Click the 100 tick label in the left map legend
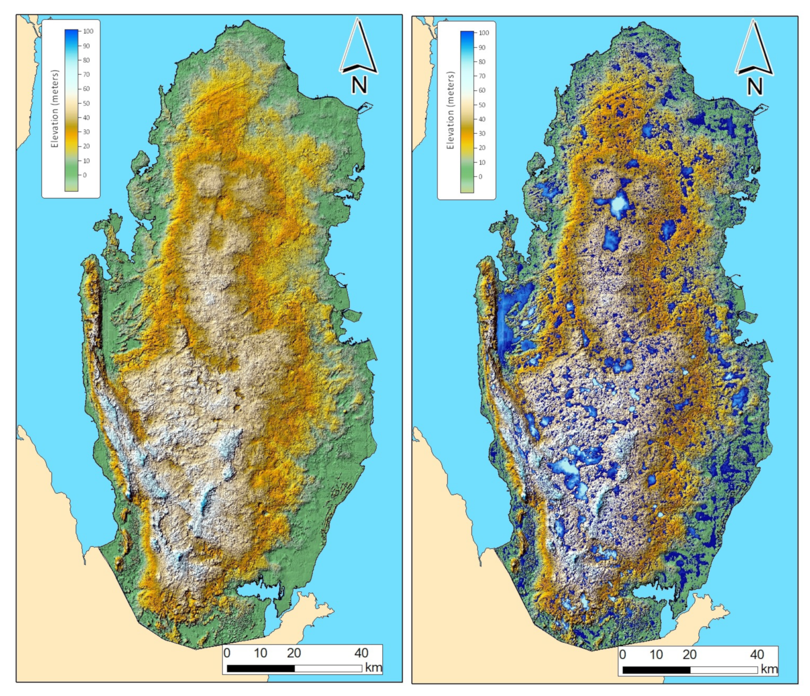88,31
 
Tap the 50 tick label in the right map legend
482,105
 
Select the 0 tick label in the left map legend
84,175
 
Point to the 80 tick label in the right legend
482,62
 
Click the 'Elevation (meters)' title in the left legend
55,109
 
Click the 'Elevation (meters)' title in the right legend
450,110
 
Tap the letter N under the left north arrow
359,85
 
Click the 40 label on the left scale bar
361,653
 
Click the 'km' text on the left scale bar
373,667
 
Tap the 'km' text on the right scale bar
769,669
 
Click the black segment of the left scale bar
260,669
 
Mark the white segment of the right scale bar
724,670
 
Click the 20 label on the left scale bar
294,653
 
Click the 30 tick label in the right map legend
482,133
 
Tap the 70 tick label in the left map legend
86,74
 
